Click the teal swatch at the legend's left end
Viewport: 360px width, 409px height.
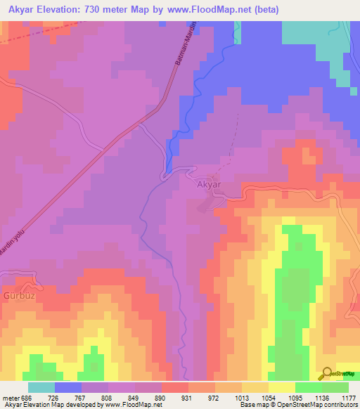(41, 387)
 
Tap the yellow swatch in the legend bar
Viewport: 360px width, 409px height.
(282, 387)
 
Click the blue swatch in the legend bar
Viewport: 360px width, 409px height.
(68, 387)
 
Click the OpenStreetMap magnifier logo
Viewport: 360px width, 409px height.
(326, 373)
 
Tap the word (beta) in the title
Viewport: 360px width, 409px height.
(266, 10)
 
